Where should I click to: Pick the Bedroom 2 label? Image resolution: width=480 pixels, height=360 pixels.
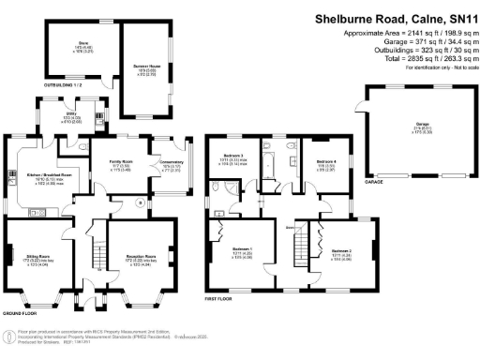tap(343, 252)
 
